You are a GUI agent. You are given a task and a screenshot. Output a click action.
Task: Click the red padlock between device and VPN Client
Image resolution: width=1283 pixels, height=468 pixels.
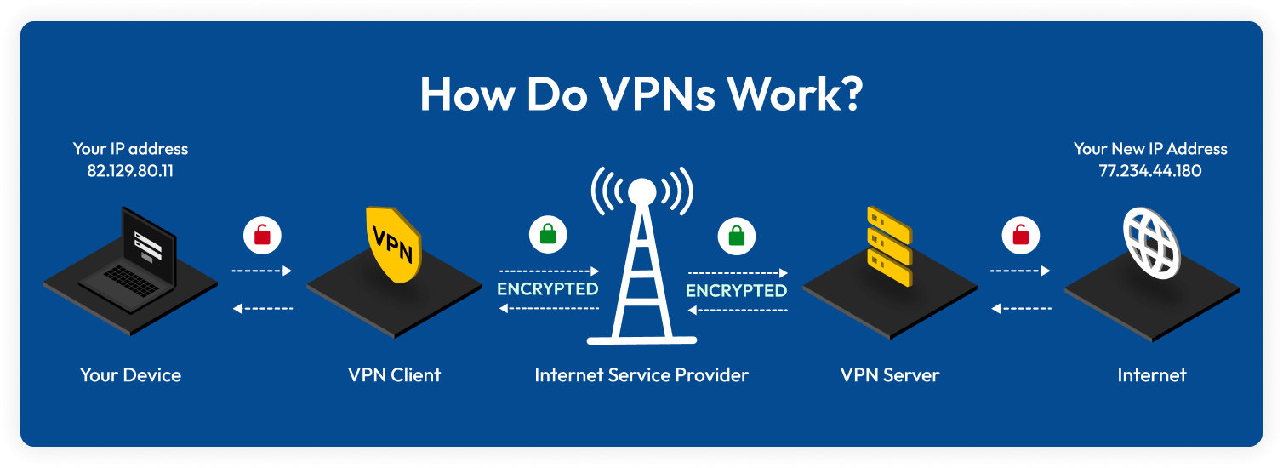(x=262, y=234)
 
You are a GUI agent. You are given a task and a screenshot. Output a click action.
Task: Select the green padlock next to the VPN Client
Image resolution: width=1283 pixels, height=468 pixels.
(x=546, y=234)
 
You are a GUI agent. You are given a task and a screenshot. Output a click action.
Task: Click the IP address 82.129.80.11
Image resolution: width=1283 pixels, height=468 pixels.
(x=130, y=170)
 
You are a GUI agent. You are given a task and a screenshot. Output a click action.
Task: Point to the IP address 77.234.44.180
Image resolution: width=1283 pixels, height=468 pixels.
(x=1149, y=170)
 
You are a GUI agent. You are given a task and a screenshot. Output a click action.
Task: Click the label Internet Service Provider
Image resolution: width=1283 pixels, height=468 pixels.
(x=641, y=374)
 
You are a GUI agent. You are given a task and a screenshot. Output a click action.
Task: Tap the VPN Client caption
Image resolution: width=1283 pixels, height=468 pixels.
(x=395, y=374)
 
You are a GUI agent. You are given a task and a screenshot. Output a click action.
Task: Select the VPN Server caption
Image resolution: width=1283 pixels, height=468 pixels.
(x=889, y=374)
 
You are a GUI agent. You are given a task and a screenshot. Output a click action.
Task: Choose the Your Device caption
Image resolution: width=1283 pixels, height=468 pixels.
(x=130, y=374)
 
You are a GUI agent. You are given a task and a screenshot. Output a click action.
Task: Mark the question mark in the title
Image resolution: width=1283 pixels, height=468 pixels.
(x=848, y=94)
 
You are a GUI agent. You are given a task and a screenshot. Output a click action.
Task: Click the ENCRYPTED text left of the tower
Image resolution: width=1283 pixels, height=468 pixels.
(x=548, y=288)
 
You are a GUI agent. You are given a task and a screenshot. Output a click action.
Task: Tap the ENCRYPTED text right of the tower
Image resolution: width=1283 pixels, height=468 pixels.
(x=736, y=290)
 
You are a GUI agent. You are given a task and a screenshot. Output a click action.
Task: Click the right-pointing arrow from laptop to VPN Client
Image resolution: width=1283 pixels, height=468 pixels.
(x=262, y=271)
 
